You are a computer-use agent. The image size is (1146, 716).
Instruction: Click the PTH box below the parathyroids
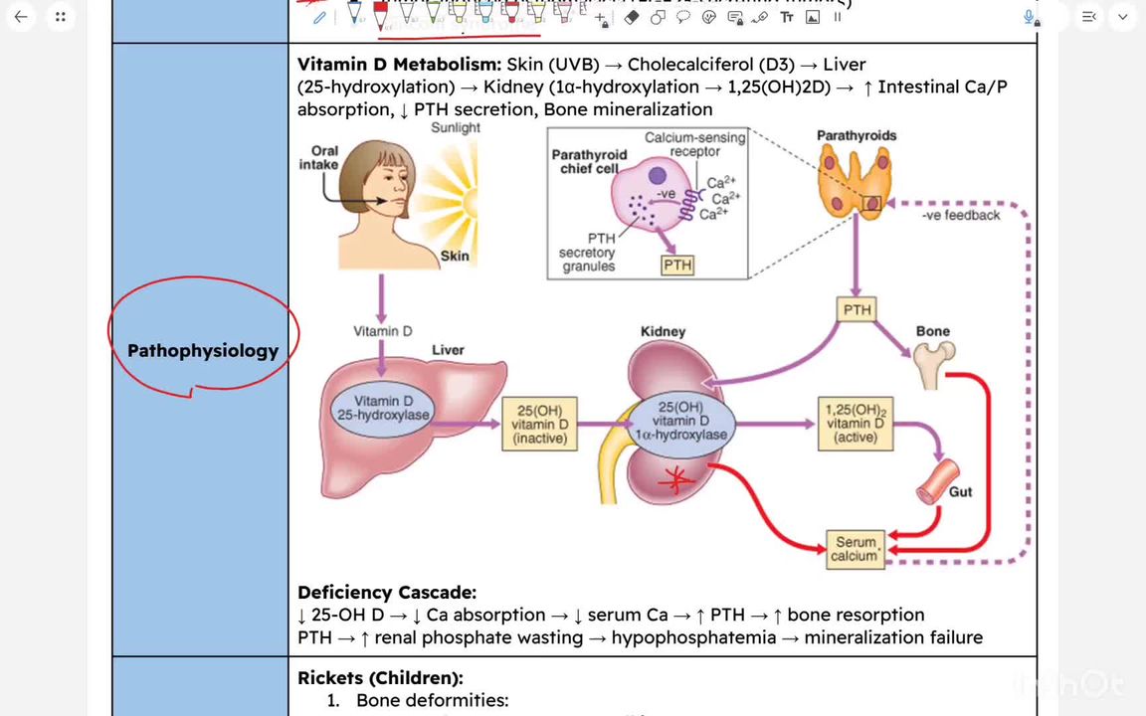coord(857,310)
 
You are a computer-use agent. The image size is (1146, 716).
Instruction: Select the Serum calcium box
coord(856,549)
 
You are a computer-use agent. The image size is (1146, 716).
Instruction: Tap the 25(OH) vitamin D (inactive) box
coord(539,425)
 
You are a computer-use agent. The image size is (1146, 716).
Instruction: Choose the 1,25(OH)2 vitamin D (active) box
coord(855,424)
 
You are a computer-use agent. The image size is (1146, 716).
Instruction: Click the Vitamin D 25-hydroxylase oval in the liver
coord(383,409)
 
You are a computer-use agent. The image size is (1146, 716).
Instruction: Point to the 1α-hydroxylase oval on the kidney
coord(680,421)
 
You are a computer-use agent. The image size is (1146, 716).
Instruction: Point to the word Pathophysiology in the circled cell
coord(203,350)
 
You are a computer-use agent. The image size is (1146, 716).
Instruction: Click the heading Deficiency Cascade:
coord(386,593)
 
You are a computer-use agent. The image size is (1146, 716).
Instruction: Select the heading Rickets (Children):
coord(380,678)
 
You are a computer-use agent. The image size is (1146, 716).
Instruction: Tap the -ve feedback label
coord(960,215)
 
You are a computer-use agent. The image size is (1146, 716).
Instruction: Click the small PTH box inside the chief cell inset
coord(676,266)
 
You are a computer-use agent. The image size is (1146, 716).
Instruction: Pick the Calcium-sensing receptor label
coord(694,144)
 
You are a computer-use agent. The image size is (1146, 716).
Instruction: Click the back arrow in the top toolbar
coord(21,17)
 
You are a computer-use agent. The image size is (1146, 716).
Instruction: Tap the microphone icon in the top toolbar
coord(1032,17)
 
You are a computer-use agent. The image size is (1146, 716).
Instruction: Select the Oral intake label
coord(319,158)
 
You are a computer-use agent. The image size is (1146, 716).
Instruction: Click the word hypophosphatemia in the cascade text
coord(693,637)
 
